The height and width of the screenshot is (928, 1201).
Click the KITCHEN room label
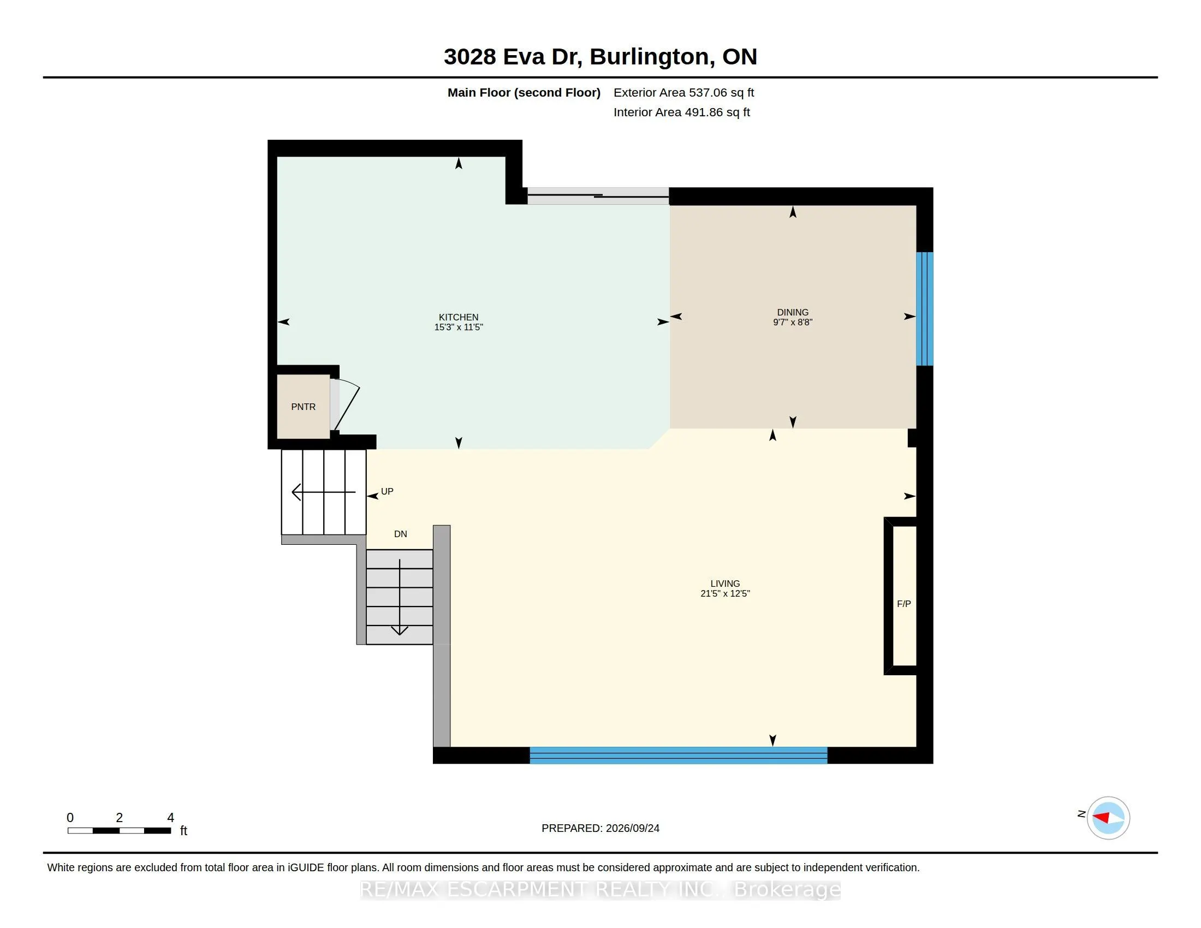coord(458,317)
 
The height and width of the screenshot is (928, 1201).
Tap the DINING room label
coord(793,312)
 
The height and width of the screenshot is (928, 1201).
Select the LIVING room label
coord(725,584)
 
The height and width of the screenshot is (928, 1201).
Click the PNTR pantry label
coord(303,407)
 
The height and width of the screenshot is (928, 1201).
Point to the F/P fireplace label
coord(903,604)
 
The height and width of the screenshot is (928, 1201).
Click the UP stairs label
coord(387,491)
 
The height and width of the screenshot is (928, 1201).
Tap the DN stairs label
coord(400,534)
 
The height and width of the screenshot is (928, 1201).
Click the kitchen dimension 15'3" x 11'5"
coord(458,327)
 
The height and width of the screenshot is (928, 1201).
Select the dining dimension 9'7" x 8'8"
coord(793,322)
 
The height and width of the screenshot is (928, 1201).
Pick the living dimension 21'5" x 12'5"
coord(725,593)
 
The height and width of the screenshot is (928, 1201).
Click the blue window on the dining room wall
coord(924,309)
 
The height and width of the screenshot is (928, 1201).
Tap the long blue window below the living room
coord(678,756)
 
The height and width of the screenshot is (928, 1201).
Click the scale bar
coord(120,830)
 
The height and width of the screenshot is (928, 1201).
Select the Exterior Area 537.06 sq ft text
coord(683,92)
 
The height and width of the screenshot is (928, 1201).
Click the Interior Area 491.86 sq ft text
coord(681,112)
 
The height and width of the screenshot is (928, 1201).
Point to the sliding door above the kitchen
coord(598,196)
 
